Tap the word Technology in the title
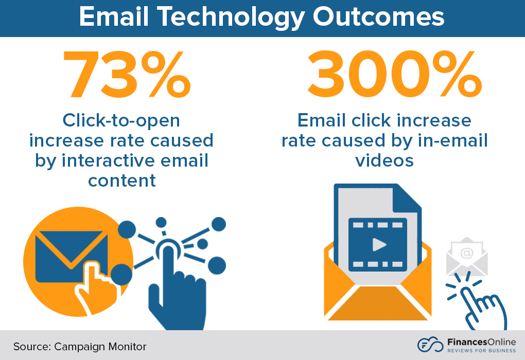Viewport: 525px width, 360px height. pos(225,17)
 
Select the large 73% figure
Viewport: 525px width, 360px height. pos(126,76)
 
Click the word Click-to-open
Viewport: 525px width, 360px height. pos(121,120)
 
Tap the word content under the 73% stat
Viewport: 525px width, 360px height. pos(122,181)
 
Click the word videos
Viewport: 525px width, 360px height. pos(384,160)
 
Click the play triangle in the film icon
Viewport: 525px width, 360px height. pos(379,244)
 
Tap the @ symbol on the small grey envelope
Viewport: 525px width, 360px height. pos(466,253)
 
